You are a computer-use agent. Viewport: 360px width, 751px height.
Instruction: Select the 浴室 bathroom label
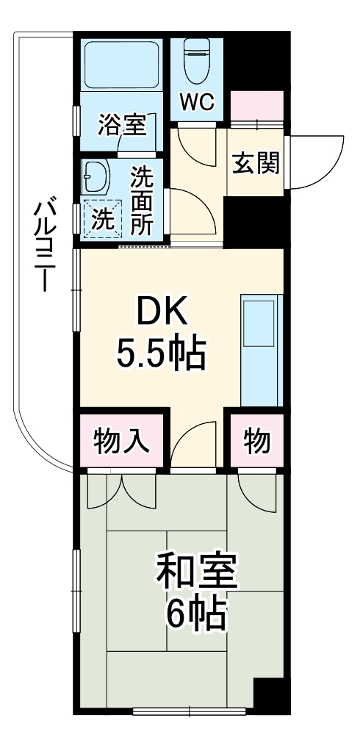pyautogui.click(x=122, y=124)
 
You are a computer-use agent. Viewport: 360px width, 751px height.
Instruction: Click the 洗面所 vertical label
pyautogui.click(x=142, y=201)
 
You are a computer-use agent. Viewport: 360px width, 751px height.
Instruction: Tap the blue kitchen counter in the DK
pyautogui.click(x=262, y=351)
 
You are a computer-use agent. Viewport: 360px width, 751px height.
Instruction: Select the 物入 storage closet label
pyautogui.click(x=122, y=442)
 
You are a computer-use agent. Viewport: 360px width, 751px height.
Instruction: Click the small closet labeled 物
pyautogui.click(x=255, y=442)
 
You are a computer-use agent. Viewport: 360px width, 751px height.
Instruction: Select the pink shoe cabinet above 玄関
pyautogui.click(x=256, y=107)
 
